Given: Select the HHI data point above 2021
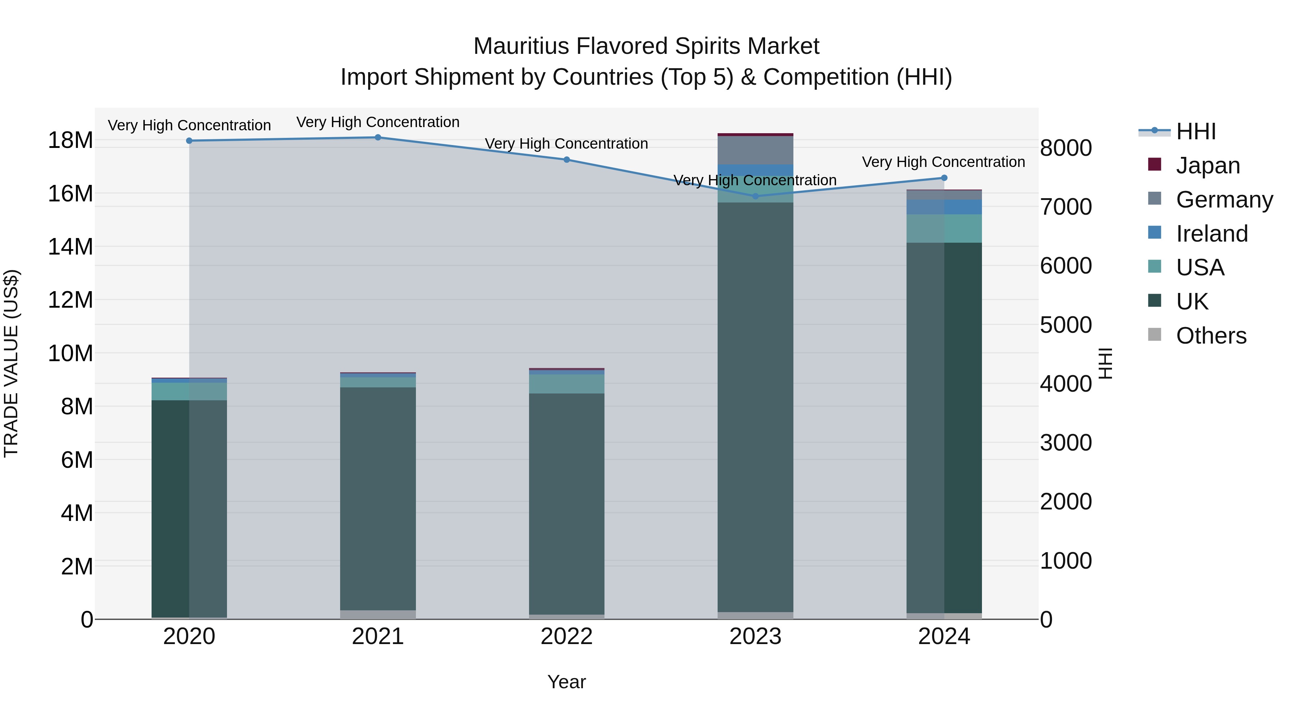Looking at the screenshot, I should coord(378,138).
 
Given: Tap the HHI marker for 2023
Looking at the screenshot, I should coord(755,196).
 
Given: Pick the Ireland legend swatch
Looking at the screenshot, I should coord(1154,233).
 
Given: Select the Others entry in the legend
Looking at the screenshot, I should coord(1211,336).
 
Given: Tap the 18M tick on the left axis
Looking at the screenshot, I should coord(70,140).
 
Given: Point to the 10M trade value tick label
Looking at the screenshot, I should coord(70,354).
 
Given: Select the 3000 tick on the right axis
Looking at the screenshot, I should coord(1065,443).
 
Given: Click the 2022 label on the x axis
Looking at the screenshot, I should coord(567,637).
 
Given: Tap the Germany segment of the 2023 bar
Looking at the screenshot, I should coord(755,150).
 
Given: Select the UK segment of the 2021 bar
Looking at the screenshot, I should coord(378,497).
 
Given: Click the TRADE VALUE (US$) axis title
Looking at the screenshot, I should coord(11,363).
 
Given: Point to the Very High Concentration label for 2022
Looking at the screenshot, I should coord(567,144).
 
